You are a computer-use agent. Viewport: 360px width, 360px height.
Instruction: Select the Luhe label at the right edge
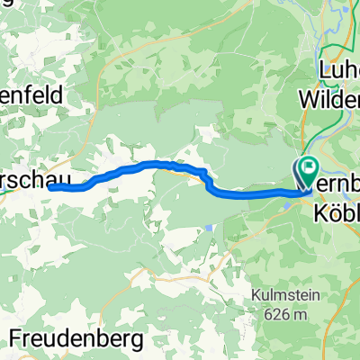coord(337,67)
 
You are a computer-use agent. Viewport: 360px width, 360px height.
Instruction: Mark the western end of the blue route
coord(49,187)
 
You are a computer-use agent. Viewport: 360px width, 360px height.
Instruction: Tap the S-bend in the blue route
coord(210,180)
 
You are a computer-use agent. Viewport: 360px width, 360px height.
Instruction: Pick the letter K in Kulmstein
coord(253,301)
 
